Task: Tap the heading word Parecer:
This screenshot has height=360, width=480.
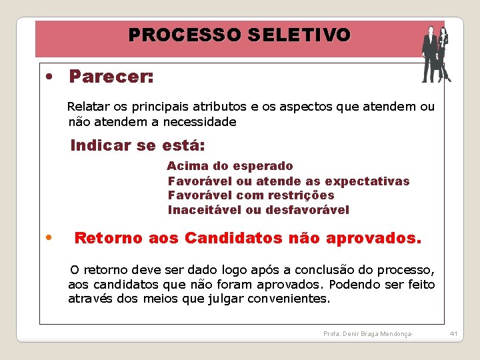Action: point(111,77)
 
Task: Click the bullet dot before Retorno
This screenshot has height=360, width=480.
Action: point(49,237)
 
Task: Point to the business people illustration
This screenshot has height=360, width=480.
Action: point(435,55)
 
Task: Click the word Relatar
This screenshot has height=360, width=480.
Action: point(89,107)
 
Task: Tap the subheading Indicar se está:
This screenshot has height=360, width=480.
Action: point(137,145)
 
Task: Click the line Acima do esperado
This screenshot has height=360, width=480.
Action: point(230,166)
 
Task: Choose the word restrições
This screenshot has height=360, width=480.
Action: point(301,196)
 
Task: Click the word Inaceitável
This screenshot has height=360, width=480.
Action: point(205,211)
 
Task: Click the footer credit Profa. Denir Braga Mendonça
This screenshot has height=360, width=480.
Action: point(368,333)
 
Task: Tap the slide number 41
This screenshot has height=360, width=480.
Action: point(453,333)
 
